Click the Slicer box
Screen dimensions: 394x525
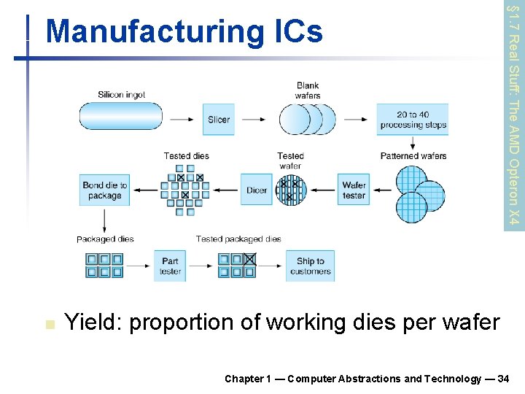(219, 119)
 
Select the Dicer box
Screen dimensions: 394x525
(257, 190)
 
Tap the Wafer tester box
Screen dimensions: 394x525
(354, 190)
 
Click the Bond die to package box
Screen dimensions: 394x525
(104, 190)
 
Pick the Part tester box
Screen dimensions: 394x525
(170, 266)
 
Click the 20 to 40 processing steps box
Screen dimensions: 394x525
(412, 119)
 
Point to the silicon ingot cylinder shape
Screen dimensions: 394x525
(120, 117)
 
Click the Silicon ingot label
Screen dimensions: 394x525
(121, 95)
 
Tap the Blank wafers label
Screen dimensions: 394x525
(308, 90)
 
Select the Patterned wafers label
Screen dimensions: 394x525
(413, 156)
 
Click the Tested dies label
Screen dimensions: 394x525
(186, 156)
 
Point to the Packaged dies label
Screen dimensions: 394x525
(105, 239)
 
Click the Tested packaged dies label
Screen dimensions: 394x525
(238, 239)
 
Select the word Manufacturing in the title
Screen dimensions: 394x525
(151, 31)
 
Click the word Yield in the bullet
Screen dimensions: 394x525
(87, 321)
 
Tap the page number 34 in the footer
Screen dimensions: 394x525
(502, 379)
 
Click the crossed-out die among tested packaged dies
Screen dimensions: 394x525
(249, 258)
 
